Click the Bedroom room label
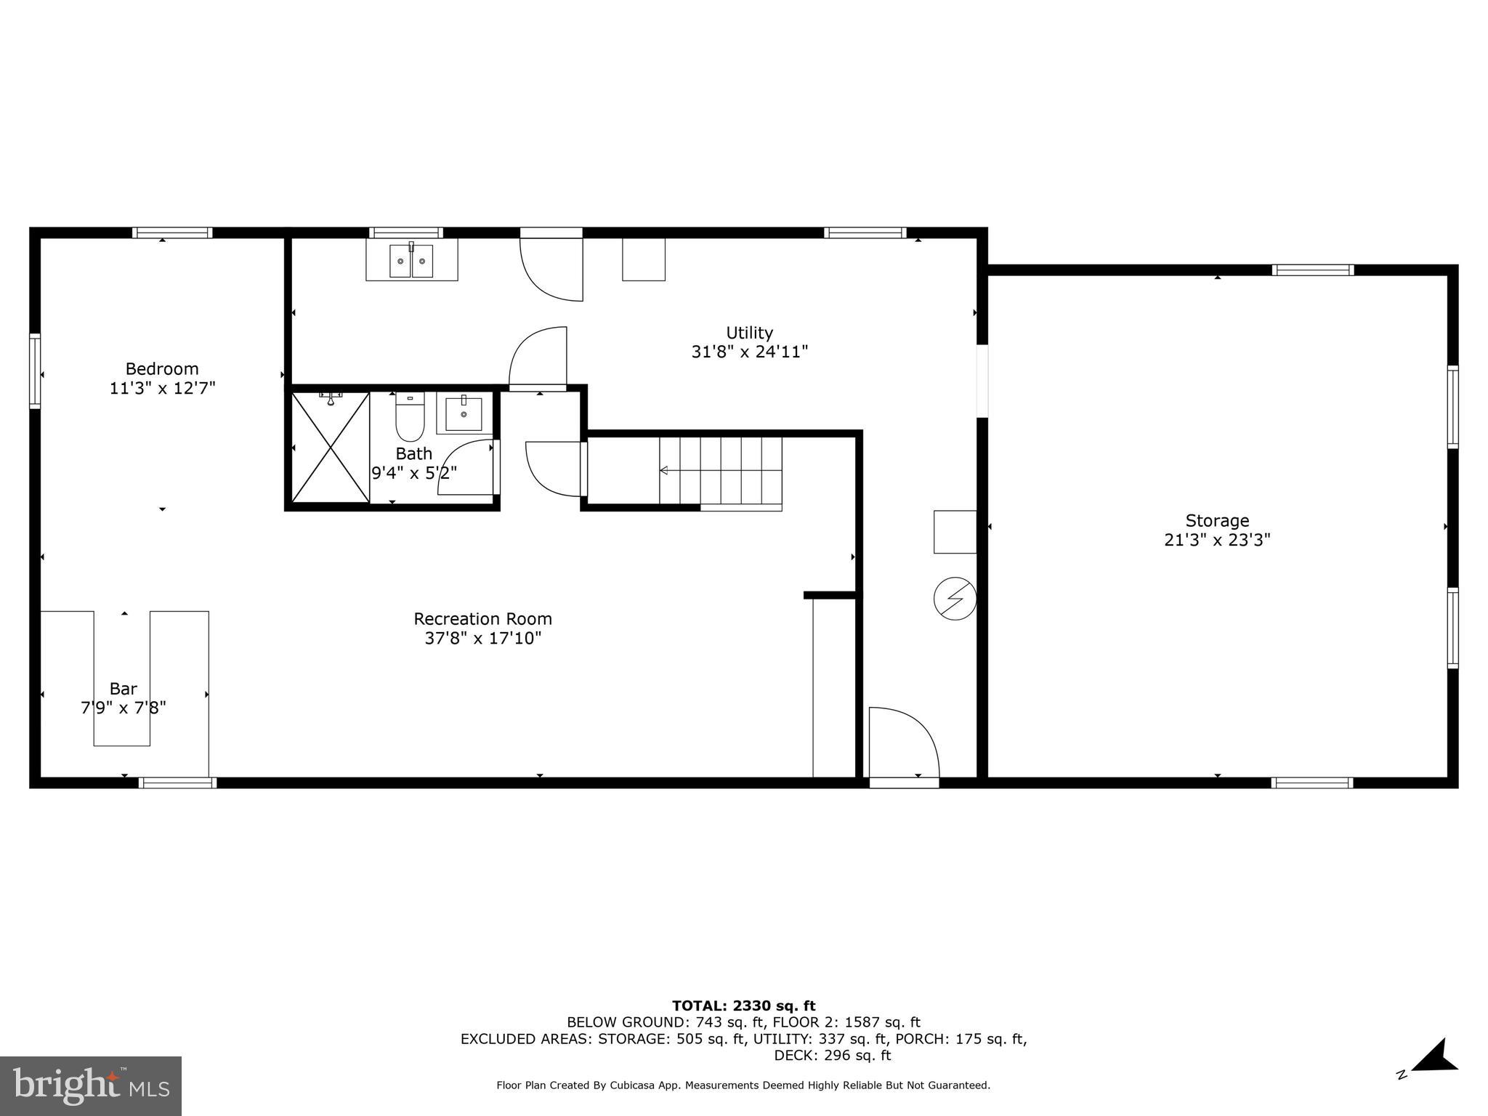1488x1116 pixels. pyautogui.click(x=161, y=368)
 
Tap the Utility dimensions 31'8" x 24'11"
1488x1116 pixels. pyautogui.click(x=749, y=352)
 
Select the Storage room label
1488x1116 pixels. pyautogui.click(x=1217, y=520)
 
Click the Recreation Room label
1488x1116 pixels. pyautogui.click(x=482, y=618)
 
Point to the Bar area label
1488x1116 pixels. pyautogui.click(x=124, y=688)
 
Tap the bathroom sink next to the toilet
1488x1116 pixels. pyautogui.click(x=464, y=413)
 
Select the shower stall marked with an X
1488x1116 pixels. pyautogui.click(x=331, y=447)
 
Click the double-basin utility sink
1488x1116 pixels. pyautogui.click(x=411, y=260)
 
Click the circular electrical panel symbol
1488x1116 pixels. pyautogui.click(x=955, y=599)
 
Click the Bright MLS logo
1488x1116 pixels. pyautogui.click(x=91, y=1085)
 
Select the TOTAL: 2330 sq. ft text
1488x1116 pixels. pyautogui.click(x=743, y=1006)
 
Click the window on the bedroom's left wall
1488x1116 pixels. pyautogui.click(x=34, y=371)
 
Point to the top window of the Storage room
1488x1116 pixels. pyautogui.click(x=1312, y=270)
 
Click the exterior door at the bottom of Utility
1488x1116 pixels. pyautogui.click(x=904, y=782)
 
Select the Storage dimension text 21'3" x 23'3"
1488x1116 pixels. pyautogui.click(x=1217, y=540)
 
